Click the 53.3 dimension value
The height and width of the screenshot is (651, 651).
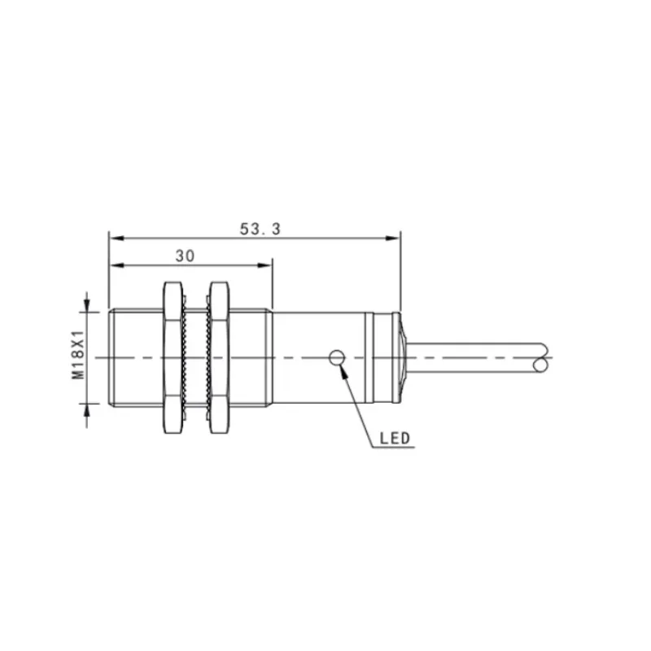[260, 229]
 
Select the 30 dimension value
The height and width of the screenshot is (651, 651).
[185, 256]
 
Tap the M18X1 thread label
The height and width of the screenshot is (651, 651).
[78, 355]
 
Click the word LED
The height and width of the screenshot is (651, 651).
[395, 439]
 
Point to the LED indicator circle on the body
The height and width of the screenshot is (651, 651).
[337, 357]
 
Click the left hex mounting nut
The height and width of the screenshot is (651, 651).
[173, 358]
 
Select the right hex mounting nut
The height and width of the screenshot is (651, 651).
[219, 358]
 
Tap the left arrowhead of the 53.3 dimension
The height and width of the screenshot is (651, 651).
[116, 238]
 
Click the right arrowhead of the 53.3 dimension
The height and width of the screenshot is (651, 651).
[392, 238]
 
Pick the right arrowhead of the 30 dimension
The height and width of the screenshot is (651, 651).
[264, 265]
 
